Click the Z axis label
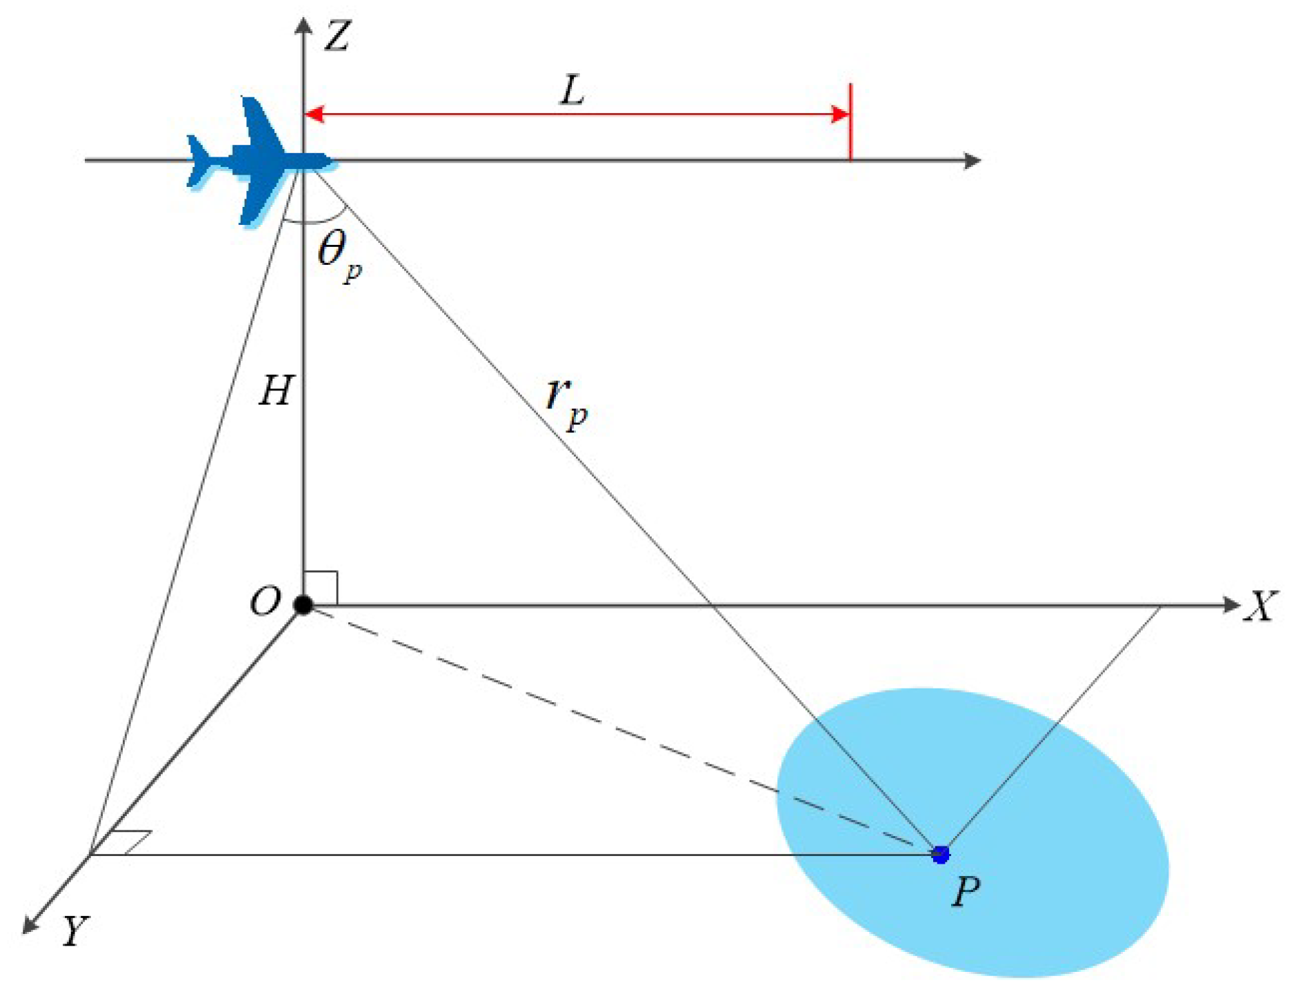pyautogui.click(x=338, y=36)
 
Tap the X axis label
pyautogui.click(x=1261, y=606)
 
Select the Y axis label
pyautogui.click(x=74, y=931)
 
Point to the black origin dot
pyautogui.click(x=303, y=605)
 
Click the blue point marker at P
pyautogui.click(x=940, y=855)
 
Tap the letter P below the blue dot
pyautogui.click(x=966, y=892)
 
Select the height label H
pyautogui.click(x=277, y=390)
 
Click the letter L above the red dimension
pyautogui.click(x=572, y=90)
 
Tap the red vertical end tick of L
pyautogui.click(x=850, y=121)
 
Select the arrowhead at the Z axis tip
pyautogui.click(x=303, y=24)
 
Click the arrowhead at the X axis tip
pyautogui.click(x=1231, y=605)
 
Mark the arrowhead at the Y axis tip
pyautogui.click(x=30, y=926)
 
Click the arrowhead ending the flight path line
pyautogui.click(x=972, y=161)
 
